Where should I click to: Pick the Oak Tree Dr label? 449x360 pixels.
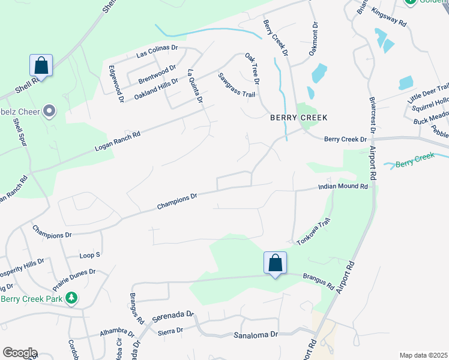tap(252, 68)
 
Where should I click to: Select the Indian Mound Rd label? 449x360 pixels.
tap(342, 187)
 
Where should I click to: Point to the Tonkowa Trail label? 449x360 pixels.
tap(314, 232)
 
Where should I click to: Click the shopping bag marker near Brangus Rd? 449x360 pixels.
tap(275, 263)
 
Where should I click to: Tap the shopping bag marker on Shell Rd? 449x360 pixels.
tap(41, 65)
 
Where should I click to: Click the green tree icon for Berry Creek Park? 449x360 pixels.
tap(71, 298)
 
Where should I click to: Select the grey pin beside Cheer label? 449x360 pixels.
tap(49, 110)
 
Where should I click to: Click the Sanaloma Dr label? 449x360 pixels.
tap(256, 334)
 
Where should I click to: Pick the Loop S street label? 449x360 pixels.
tap(90, 256)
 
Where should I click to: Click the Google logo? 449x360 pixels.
tap(20, 353)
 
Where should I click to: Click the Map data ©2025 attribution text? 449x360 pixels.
tap(423, 355)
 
